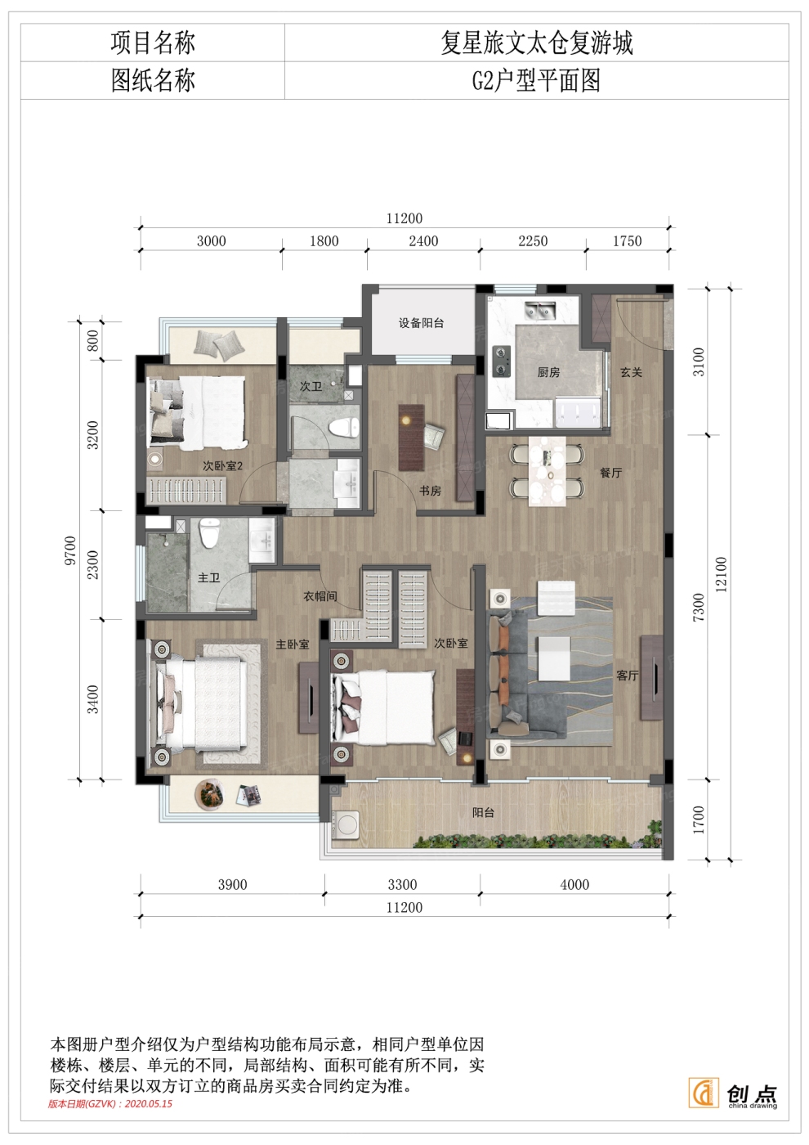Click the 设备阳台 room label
(x=421, y=323)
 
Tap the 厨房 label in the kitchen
(x=548, y=372)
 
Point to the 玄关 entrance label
(x=631, y=372)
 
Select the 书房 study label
(x=430, y=491)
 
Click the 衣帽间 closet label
(x=320, y=596)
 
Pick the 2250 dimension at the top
(x=533, y=240)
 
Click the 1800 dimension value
(x=324, y=240)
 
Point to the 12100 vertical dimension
(x=721, y=574)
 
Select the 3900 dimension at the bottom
(x=232, y=884)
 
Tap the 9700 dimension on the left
(x=70, y=550)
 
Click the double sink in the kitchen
(x=539, y=310)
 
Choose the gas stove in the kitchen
(x=501, y=361)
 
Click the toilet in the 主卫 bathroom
(x=209, y=532)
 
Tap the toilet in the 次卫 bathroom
(x=345, y=427)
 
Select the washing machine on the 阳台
(x=345, y=825)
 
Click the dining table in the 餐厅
(x=548, y=471)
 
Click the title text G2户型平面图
(x=536, y=81)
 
